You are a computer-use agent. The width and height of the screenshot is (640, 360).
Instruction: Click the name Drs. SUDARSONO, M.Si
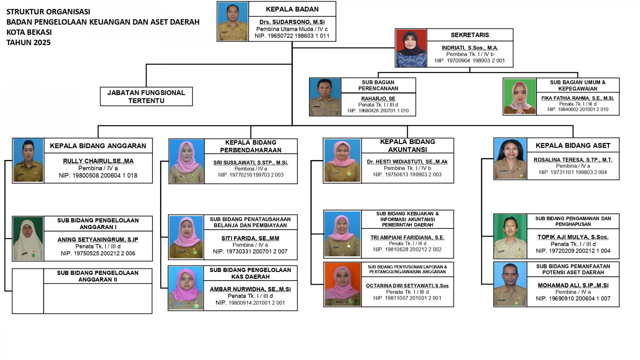click(x=292, y=22)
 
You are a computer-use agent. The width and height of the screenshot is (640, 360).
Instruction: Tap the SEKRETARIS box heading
click(x=470, y=35)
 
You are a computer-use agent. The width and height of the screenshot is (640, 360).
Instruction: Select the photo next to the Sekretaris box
click(x=411, y=48)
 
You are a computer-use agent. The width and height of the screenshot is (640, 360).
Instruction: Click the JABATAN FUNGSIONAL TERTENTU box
click(x=146, y=97)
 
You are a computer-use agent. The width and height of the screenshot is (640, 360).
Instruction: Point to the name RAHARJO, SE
click(x=378, y=99)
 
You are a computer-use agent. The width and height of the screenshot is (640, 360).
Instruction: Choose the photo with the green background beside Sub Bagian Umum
click(x=520, y=97)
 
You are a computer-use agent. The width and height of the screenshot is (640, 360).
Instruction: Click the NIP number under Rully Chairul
click(x=98, y=176)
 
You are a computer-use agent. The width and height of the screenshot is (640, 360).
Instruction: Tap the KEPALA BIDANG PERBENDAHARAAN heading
click(x=251, y=146)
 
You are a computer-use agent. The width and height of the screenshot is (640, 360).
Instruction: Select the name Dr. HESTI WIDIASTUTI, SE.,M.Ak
click(x=407, y=162)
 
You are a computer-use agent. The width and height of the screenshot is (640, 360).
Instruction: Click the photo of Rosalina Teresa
click(x=510, y=159)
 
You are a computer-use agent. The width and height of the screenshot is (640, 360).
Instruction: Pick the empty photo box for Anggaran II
click(x=28, y=291)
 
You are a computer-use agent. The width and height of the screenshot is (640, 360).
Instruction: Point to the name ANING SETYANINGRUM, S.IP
click(x=98, y=240)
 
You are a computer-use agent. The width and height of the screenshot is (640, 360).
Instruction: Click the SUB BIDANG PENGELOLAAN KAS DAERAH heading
click(x=250, y=273)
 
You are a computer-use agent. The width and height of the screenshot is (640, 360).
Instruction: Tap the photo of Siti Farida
click(x=186, y=237)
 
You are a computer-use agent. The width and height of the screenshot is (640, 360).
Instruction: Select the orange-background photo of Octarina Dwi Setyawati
click(x=343, y=284)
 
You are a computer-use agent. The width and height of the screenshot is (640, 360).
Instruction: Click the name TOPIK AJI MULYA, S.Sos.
click(x=573, y=237)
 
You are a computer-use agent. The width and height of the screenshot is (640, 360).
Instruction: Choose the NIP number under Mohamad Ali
click(x=573, y=299)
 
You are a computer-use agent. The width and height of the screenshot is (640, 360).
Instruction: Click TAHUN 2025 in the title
click(x=29, y=43)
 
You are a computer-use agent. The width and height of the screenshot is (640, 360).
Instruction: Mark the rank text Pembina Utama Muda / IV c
click(x=292, y=29)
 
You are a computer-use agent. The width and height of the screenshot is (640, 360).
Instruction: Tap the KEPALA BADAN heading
click(x=292, y=9)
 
